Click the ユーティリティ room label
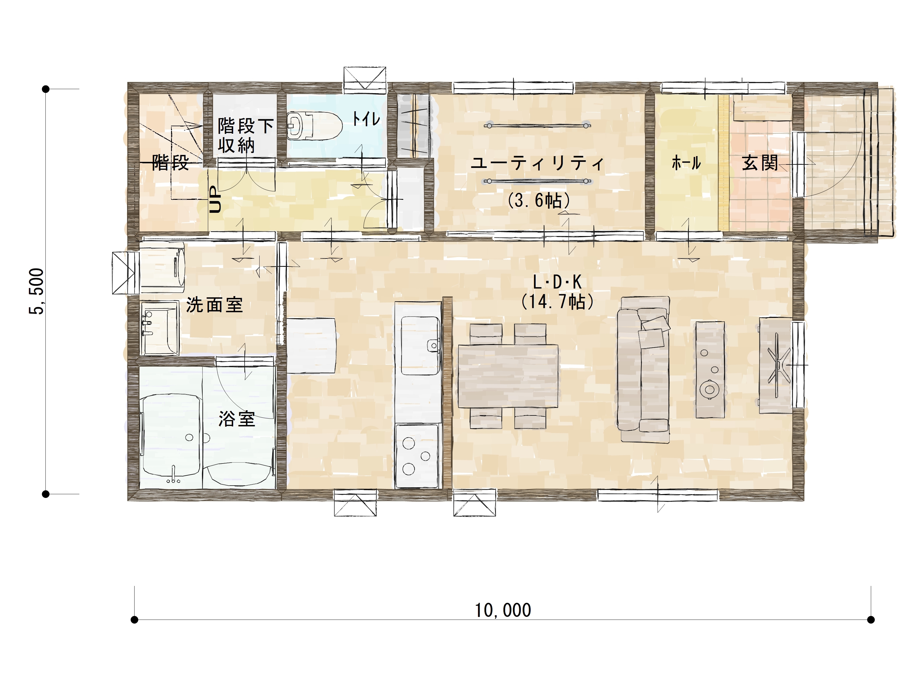(537, 163)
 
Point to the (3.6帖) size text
(538, 200)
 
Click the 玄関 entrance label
(760, 163)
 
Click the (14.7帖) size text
(557, 302)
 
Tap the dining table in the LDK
(508, 376)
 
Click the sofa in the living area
(643, 369)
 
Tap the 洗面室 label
(214, 305)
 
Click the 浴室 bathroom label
(237, 419)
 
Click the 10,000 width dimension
(503, 610)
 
